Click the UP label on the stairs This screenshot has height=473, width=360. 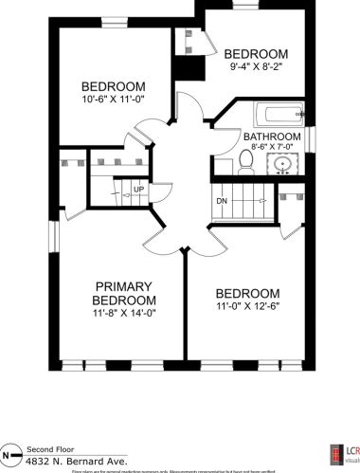pyautogui.click(x=138, y=190)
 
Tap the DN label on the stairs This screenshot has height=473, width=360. pyautogui.click(x=222, y=201)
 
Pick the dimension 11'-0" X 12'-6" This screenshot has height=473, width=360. pyautogui.click(x=246, y=308)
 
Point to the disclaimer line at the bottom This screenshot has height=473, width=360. pyautogui.click(x=180, y=470)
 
